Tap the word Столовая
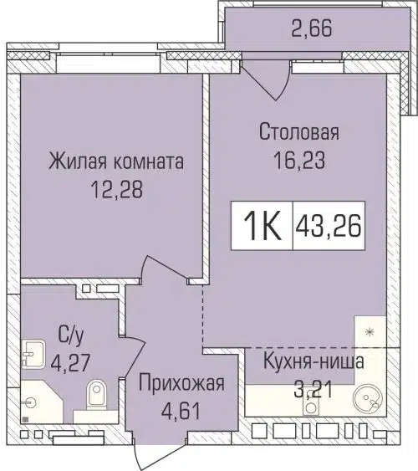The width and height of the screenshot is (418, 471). point(298,131)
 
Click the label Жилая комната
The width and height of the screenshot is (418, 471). point(116,161)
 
